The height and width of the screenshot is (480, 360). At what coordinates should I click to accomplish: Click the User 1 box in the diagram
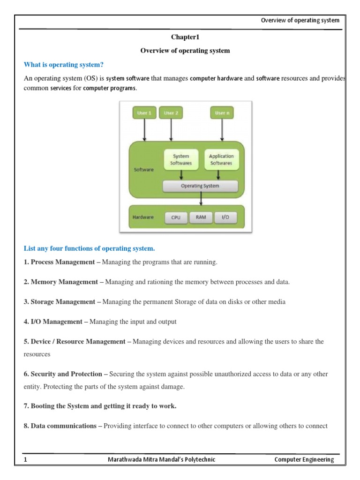click(143, 113)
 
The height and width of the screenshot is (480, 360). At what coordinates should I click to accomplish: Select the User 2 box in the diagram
click(171, 113)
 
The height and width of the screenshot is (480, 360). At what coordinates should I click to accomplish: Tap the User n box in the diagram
click(222, 113)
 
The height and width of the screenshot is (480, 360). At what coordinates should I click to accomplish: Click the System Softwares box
click(181, 159)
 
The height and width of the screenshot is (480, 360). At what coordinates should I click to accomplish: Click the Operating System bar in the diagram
click(200, 186)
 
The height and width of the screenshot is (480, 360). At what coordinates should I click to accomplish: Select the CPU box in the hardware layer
click(176, 218)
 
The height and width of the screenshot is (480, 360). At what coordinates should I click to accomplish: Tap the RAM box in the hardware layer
click(201, 218)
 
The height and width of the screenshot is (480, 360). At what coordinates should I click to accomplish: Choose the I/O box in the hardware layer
click(225, 218)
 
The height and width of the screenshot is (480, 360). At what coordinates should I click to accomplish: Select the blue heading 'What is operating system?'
click(63, 64)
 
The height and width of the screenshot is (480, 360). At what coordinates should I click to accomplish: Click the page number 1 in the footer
click(25, 460)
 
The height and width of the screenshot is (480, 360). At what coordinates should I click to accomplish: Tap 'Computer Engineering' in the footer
click(304, 460)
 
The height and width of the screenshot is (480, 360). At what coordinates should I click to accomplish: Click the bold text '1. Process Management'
click(59, 262)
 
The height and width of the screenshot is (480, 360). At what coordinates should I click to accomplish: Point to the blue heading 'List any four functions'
click(89, 248)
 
